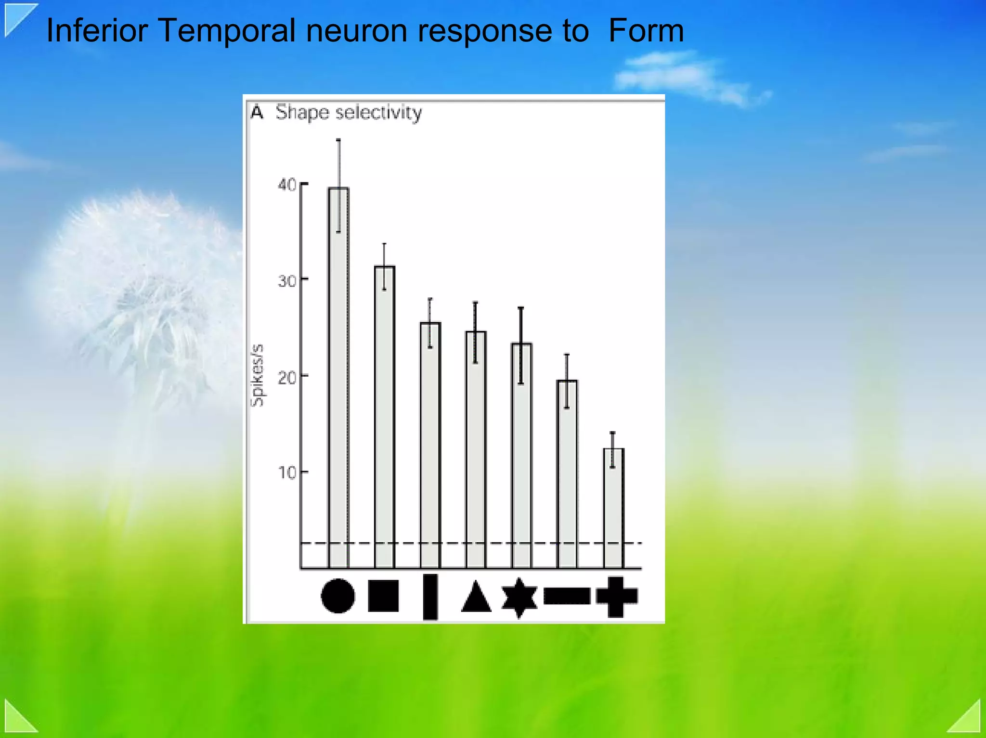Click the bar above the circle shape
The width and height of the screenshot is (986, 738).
point(338,378)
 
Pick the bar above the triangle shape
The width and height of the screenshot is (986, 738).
point(475,449)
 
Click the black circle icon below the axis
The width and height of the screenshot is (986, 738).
point(337,596)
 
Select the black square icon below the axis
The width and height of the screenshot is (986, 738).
point(383,596)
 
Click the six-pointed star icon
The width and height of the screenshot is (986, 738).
point(519,597)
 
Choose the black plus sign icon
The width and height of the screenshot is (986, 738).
point(616,597)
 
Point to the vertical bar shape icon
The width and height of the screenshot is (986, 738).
point(430,597)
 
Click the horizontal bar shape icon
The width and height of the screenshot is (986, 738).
point(567,596)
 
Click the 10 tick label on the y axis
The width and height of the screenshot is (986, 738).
point(287,472)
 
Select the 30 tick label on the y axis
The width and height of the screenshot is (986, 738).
point(287,280)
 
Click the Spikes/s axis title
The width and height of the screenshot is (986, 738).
point(258,375)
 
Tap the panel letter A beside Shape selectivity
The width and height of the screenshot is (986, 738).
point(257,113)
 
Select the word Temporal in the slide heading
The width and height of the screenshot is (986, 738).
point(226,31)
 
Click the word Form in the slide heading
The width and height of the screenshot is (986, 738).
point(646,31)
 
